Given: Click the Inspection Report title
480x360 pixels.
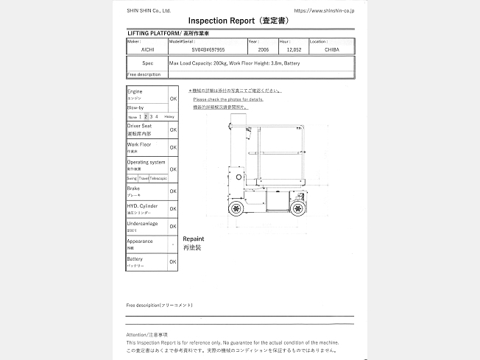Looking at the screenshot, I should point(239,21).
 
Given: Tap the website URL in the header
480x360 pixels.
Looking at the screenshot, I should point(323,10).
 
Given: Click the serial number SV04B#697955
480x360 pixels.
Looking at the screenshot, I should point(208,51).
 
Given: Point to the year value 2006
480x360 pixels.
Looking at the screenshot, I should point(263,51).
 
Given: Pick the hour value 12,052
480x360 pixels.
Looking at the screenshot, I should point(294,51).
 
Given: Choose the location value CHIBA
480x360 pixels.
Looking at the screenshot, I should point(331,51).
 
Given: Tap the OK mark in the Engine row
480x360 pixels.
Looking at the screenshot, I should point(173,98).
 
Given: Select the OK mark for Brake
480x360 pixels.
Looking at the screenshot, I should point(173,191).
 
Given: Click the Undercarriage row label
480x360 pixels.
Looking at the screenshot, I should point(142,223).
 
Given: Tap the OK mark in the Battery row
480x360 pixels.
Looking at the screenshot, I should point(173,261).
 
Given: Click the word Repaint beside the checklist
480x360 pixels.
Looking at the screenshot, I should point(193,239).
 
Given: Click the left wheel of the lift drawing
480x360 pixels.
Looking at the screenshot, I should point(237,209).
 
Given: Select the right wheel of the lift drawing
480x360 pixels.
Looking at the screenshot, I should point(297,209).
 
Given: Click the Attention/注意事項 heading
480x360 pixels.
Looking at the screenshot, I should point(147,335).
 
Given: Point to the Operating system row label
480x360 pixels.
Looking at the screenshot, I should point(146,162).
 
